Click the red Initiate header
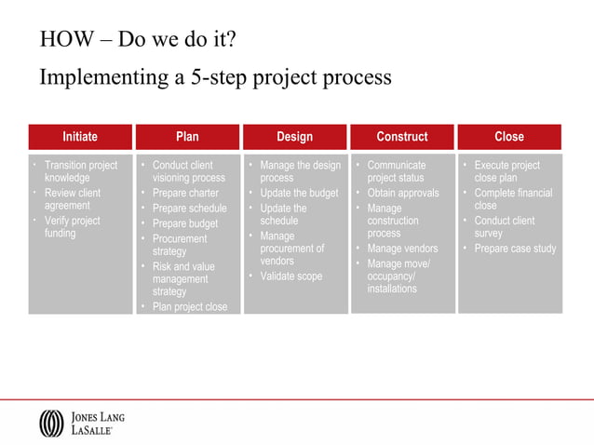[x=80, y=137]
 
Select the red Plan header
[x=187, y=137]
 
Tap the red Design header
[x=294, y=137]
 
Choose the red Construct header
[x=401, y=137]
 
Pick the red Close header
[x=509, y=137]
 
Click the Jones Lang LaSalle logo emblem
[x=51, y=423]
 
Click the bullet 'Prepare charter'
[x=185, y=194]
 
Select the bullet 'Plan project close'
[x=189, y=306]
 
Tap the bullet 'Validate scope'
[x=290, y=276]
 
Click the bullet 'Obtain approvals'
[x=402, y=194]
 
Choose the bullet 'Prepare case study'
[x=514, y=249]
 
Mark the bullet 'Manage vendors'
[x=402, y=249]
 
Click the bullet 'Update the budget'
[x=298, y=194]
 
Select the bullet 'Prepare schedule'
[x=189, y=209]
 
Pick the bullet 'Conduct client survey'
[x=504, y=227]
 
